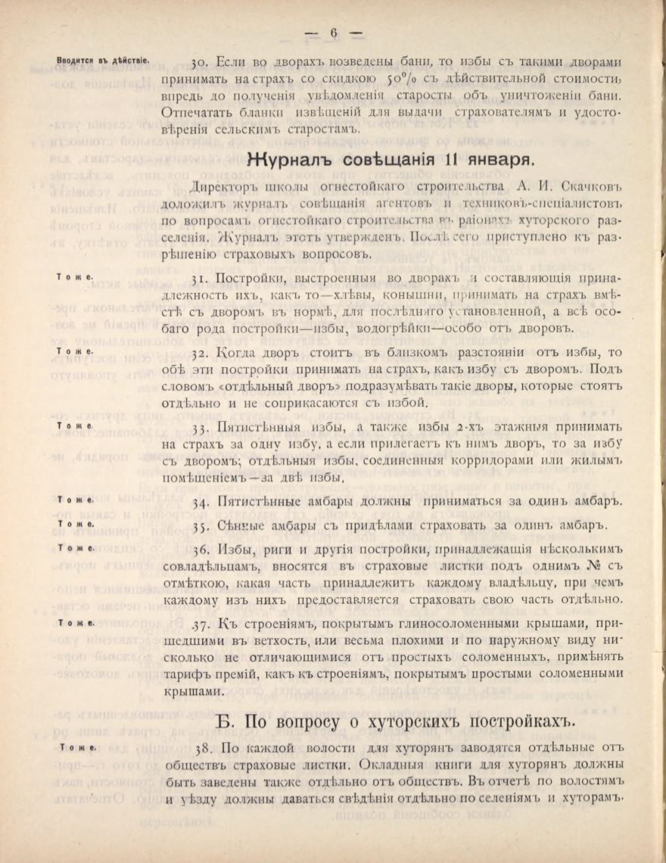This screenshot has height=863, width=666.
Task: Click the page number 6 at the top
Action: point(333,33)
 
